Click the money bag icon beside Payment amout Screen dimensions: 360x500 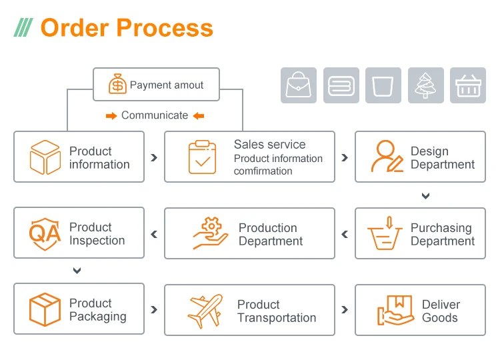coord(117,85)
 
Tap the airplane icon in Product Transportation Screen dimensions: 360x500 coord(205,310)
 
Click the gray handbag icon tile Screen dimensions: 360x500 coord(298,85)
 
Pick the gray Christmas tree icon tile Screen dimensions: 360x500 coord(425,85)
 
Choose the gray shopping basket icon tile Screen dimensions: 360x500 coord(468,85)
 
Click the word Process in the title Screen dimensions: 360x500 coord(165,28)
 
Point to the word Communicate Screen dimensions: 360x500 coord(155,115)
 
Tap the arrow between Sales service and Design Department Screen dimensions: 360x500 coord(345,158)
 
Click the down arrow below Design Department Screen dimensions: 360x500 coord(425,196)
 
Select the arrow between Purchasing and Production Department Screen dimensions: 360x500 coord(345,234)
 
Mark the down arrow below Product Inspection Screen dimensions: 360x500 coord(77,271)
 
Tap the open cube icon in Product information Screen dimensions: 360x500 coord(45,157)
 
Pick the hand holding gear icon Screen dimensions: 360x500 coord(210,233)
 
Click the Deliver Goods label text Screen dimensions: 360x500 coord(441,311)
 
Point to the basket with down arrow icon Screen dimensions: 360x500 coord(386,233)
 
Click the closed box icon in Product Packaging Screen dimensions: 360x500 coord(45,309)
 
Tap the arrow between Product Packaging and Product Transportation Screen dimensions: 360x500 coord(154,310)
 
